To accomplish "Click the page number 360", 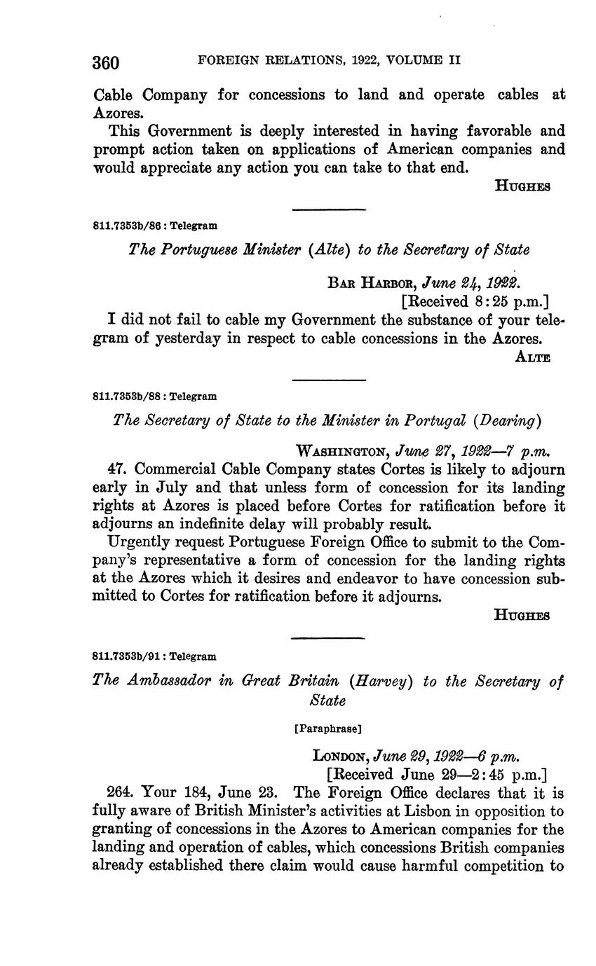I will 106,63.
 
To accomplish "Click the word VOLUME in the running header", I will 413,61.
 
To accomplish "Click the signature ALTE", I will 532,357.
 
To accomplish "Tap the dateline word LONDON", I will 341,756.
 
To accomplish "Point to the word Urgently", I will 138,541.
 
